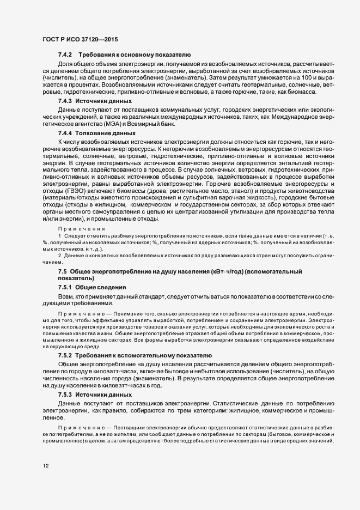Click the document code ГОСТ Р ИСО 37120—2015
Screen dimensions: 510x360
click(80, 40)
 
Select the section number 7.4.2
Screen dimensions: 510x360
click(65, 56)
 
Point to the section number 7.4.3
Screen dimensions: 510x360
click(65, 102)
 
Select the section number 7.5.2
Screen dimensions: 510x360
click(65, 355)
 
